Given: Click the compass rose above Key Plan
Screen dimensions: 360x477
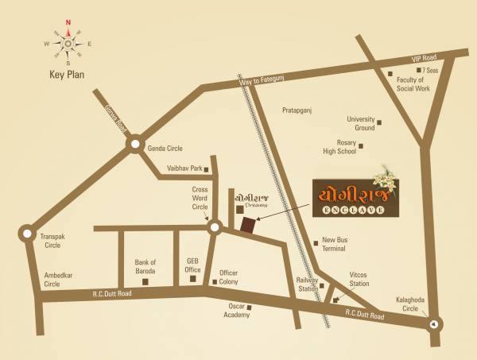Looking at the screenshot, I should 68,43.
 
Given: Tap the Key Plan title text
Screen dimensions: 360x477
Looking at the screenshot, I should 68,75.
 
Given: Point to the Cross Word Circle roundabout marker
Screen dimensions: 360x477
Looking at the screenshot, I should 213,229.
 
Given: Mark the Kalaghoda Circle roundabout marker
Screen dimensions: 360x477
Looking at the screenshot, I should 433,323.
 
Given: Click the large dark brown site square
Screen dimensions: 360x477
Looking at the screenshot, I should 249,226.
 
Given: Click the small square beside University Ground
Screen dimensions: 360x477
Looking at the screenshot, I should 379,122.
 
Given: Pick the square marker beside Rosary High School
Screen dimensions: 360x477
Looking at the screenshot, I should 362,145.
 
